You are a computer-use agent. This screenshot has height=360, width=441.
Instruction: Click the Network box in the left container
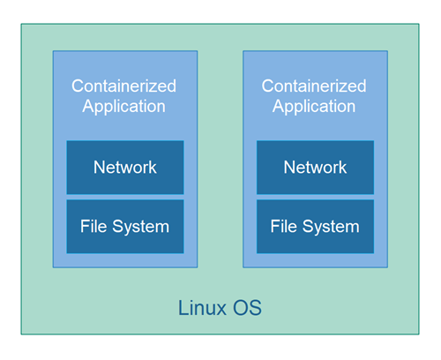(124, 167)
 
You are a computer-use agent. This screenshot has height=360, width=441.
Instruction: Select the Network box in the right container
(315, 167)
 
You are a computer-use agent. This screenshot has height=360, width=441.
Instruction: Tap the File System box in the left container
(124, 227)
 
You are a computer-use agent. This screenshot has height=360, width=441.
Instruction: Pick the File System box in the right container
(315, 227)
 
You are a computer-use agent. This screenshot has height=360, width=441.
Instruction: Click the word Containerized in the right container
(314, 86)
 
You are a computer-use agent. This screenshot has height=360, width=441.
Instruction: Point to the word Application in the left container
(124, 107)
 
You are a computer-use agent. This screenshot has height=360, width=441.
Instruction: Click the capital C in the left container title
(78, 86)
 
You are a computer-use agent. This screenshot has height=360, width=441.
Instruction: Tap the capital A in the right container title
(279, 106)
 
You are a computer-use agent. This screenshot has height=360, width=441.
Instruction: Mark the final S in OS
(255, 309)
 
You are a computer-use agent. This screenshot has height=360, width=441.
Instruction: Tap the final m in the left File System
(161, 228)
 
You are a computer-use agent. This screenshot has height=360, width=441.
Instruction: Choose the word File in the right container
(284, 227)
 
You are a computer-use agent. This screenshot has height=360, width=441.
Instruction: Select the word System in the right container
(330, 227)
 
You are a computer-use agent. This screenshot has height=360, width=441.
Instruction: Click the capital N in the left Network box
(100, 167)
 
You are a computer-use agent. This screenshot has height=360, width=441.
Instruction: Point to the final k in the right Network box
(342, 167)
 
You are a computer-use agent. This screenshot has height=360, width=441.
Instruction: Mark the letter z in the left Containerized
(155, 87)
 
